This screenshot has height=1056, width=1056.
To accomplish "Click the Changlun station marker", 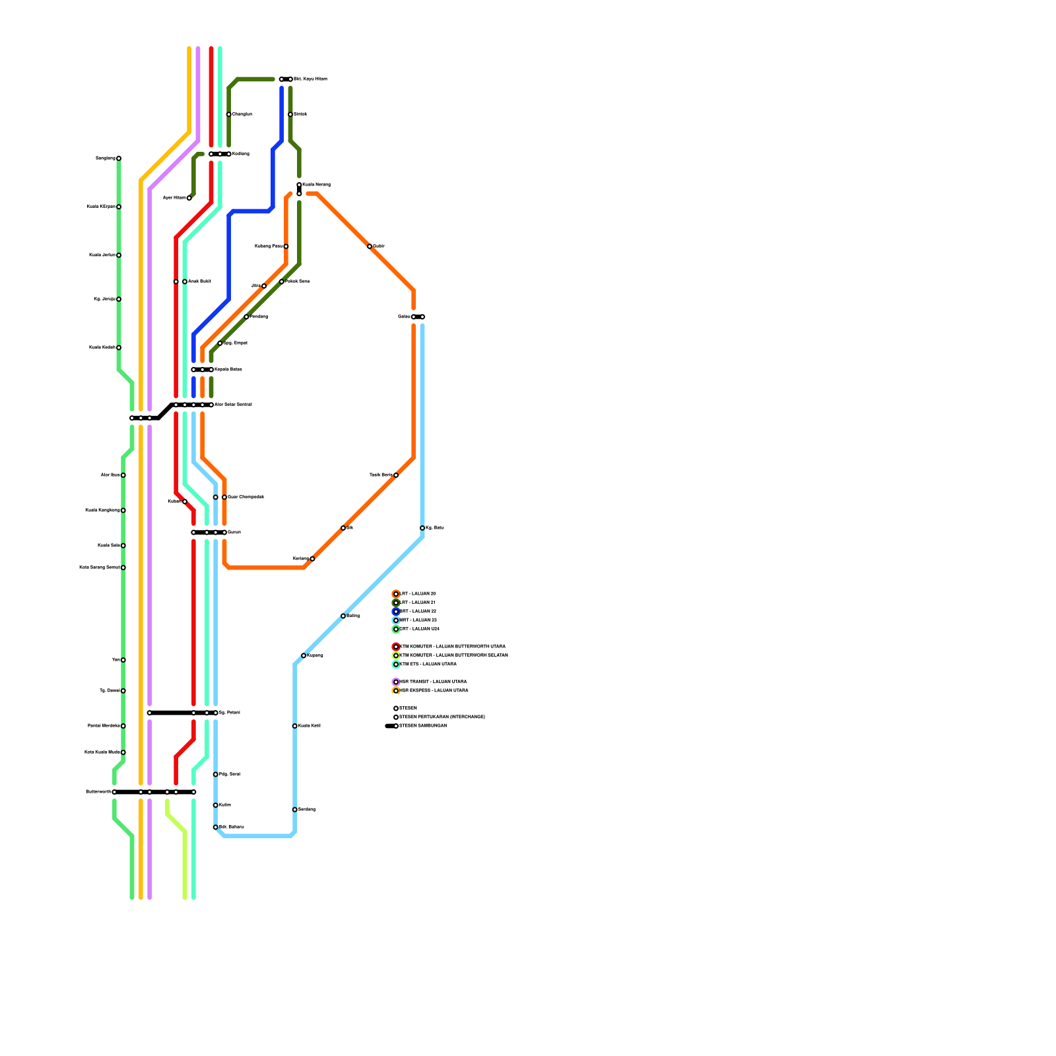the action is (x=229, y=114).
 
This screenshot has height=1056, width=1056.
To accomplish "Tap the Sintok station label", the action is (x=300, y=114).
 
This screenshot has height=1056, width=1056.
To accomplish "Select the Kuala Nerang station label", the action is (x=316, y=184).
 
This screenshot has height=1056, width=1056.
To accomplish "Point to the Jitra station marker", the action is (x=264, y=286).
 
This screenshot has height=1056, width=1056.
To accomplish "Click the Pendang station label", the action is (x=259, y=317).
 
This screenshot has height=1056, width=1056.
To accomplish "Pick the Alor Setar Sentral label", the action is (x=233, y=405).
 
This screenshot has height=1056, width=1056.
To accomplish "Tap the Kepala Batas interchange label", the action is (x=228, y=370).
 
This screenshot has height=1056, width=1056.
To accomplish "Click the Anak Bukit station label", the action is (x=199, y=282).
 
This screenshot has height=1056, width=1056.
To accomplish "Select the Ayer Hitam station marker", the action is (x=189, y=198).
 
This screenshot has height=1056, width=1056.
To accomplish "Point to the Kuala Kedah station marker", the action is (x=119, y=348).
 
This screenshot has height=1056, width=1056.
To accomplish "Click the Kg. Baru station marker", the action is (x=422, y=528).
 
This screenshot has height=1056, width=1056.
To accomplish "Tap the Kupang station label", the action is (x=315, y=655).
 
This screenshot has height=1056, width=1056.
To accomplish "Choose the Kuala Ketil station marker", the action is (x=295, y=726).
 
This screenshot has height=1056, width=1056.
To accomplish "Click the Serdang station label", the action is (x=306, y=810).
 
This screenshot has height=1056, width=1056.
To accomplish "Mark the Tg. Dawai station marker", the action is (x=123, y=691).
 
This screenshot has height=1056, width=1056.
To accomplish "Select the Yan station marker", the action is (x=123, y=660).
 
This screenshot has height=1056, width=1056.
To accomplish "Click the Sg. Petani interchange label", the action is (x=229, y=713).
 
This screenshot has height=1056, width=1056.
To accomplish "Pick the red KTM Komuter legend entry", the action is (x=452, y=647).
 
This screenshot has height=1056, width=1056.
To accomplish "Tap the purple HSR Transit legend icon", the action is (x=396, y=682).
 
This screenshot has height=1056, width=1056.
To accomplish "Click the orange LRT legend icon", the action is (x=396, y=594).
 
